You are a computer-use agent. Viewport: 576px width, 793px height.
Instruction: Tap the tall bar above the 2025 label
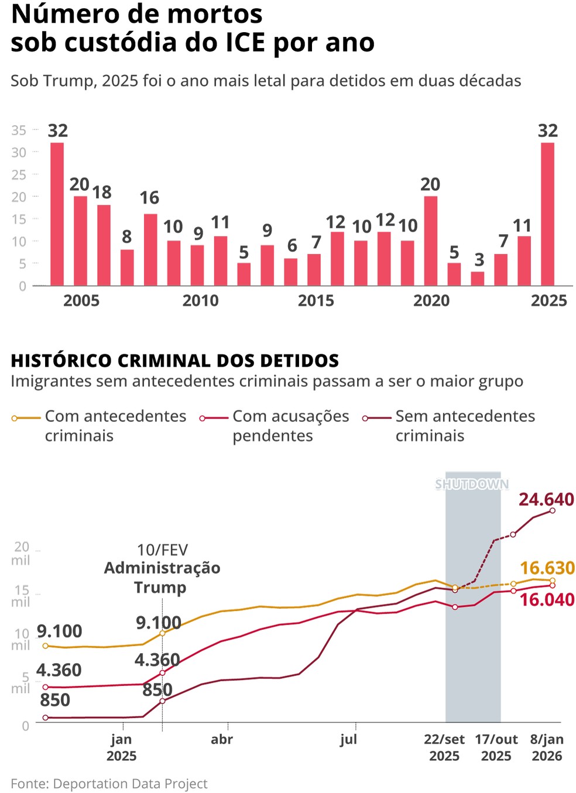point(547,214)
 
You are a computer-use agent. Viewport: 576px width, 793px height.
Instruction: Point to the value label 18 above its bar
point(102,193)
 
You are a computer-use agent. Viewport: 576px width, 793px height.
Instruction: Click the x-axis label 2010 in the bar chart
point(200,301)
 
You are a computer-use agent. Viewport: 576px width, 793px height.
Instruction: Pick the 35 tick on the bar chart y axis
point(19,131)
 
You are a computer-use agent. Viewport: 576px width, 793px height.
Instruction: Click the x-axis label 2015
point(316,301)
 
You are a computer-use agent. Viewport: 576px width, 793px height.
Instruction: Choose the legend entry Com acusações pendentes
point(290,425)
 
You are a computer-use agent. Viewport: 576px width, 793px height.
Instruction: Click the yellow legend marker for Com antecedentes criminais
point(15,418)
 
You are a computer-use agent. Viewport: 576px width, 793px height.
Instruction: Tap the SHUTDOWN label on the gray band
point(472,485)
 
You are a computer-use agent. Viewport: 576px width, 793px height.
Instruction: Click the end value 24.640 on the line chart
point(546,499)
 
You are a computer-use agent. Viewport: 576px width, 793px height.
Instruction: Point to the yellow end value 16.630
point(547,568)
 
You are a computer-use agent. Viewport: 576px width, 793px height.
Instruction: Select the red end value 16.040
point(547,599)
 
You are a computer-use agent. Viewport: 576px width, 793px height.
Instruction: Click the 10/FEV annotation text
point(162,550)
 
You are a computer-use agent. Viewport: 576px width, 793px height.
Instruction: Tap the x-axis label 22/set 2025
point(444,747)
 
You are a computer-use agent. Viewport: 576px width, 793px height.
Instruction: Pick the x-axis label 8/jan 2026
point(547,747)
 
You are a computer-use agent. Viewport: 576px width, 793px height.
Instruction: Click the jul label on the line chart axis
point(348,740)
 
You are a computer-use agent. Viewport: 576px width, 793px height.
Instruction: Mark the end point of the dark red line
point(553,511)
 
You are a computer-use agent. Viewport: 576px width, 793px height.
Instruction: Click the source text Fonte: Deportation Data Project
point(109,784)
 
